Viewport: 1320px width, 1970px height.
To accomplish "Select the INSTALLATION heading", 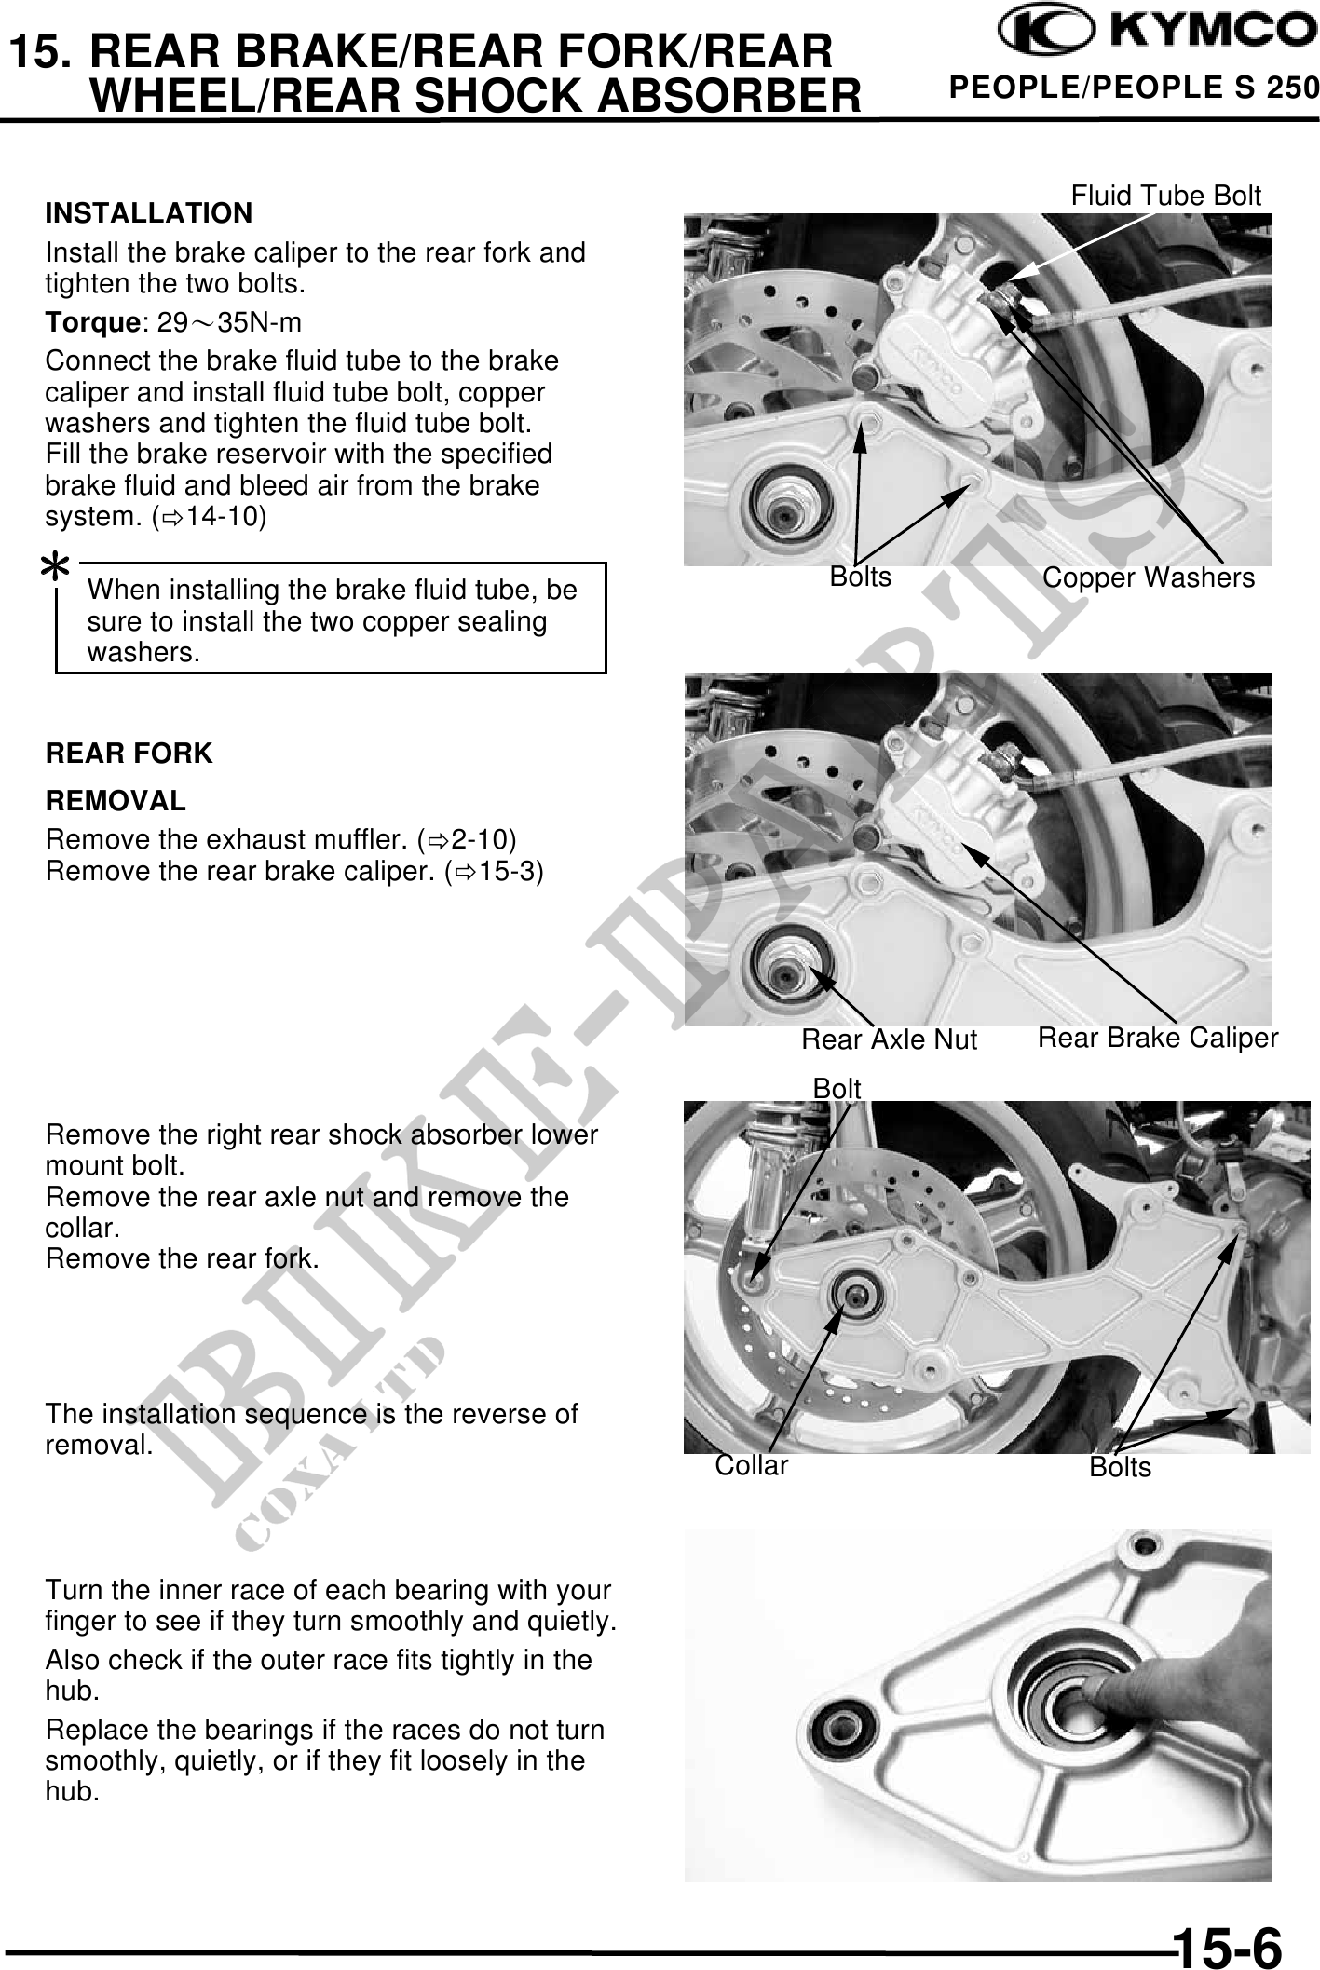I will coord(149,213).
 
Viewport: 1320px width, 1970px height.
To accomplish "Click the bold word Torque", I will coord(92,323).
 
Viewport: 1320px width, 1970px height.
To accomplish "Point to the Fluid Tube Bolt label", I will coord(1165,196).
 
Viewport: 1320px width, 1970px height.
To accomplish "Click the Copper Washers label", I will coord(1149,577).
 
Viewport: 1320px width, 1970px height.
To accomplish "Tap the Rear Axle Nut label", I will coord(889,1039).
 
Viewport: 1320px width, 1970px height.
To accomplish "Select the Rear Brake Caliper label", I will coord(1158,1038).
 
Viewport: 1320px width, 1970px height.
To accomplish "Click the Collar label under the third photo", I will coord(751,1466).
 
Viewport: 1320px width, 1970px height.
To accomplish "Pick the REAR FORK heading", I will coord(129,754).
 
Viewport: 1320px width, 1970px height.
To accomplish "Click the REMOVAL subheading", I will coord(116,800).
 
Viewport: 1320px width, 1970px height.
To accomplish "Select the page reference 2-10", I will coord(475,839).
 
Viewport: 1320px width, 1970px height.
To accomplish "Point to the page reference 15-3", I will coord(503,871).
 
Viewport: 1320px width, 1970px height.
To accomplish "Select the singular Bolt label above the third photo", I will coord(837,1088).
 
